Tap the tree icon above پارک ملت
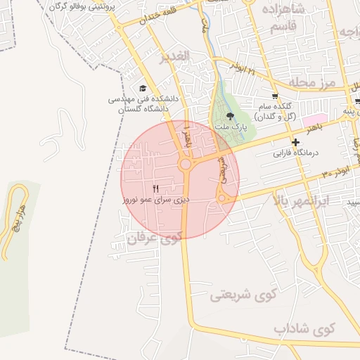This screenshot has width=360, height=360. coord(229,116)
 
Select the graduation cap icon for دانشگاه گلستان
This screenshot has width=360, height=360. coord(143,88)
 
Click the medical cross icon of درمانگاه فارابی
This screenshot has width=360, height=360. coord(296,141)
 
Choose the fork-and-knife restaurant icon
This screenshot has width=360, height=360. coord(155,189)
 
